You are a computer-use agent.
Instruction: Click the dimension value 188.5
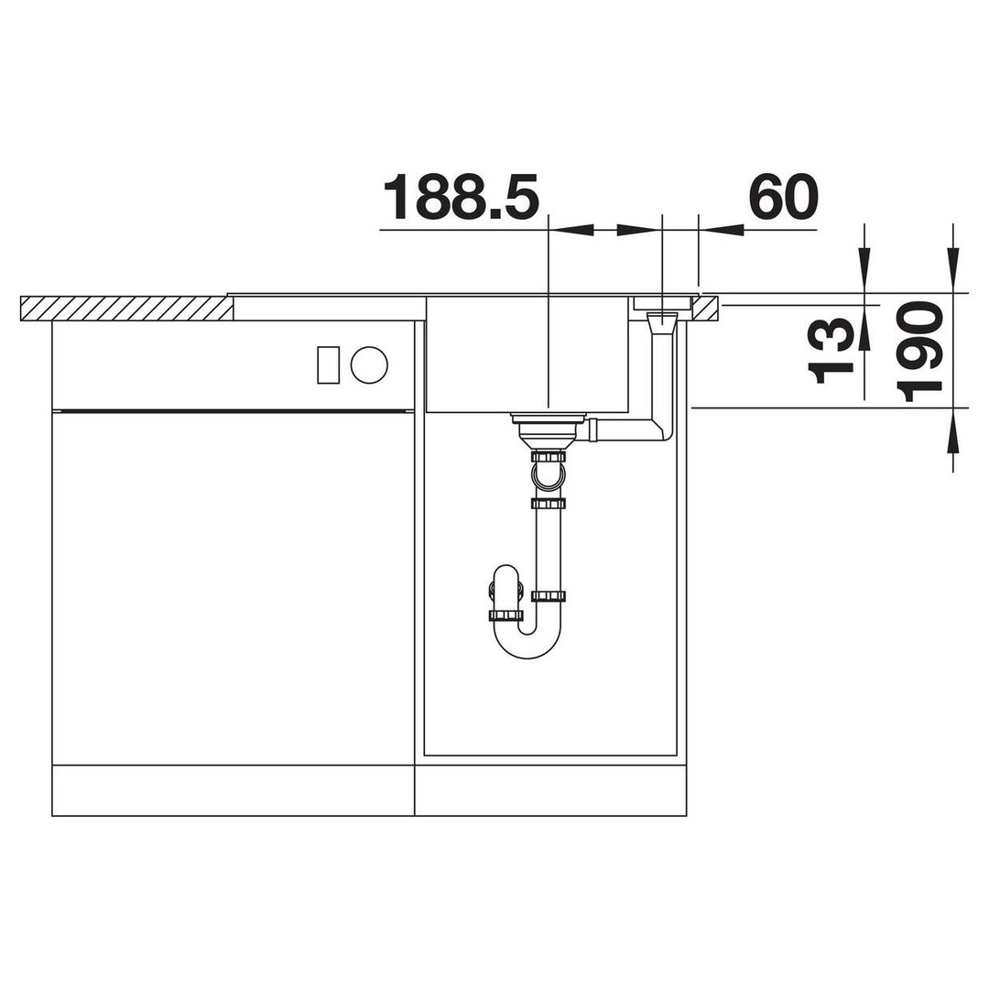point(461,197)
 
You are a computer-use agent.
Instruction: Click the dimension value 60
point(783,197)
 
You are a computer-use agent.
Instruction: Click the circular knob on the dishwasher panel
point(369,364)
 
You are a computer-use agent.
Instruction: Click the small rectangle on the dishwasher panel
point(329,364)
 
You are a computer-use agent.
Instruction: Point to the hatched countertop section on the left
point(126,309)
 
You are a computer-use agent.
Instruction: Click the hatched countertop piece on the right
point(704,309)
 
